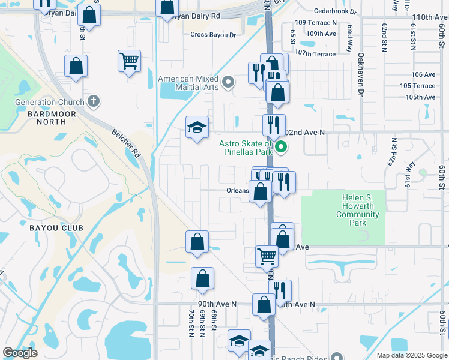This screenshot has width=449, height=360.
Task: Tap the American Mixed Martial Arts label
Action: pyautogui.click(x=188, y=83)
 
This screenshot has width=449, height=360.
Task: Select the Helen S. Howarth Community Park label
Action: pyautogui.click(x=358, y=210)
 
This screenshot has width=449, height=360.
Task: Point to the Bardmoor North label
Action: pyautogui.click(x=41, y=117)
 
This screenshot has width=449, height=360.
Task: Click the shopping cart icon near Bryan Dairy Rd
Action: pyautogui.click(x=130, y=61)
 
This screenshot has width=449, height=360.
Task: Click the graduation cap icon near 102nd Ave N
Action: pyautogui.click(x=197, y=127)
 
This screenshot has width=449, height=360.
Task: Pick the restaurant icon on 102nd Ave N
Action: pyautogui.click(x=273, y=125)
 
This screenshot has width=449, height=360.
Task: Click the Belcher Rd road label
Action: pyautogui.click(x=125, y=143)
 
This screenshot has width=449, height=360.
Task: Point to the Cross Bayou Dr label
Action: pyautogui.click(x=213, y=35)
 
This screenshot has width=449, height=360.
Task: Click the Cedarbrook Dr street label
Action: pyautogui.click(x=335, y=11)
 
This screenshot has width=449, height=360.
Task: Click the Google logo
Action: pyautogui.click(x=20, y=353)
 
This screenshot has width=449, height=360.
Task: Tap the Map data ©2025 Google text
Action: pyautogui.click(x=411, y=355)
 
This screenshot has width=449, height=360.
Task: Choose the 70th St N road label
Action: pyautogui.click(x=190, y=324)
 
